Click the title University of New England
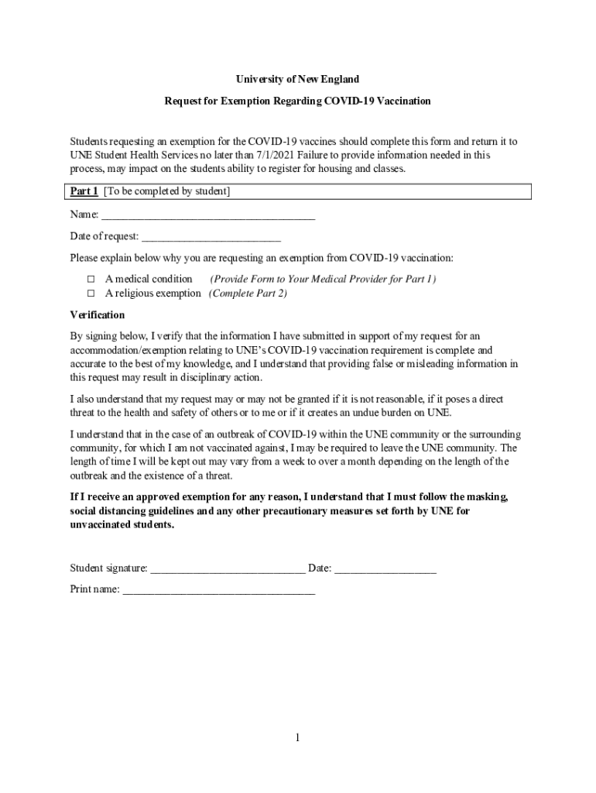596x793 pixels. [297, 79]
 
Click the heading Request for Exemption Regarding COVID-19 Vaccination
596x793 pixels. [297, 101]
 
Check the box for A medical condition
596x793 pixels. [90, 279]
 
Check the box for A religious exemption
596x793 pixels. [90, 294]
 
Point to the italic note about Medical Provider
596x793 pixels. [323, 279]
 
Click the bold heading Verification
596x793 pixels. [97, 315]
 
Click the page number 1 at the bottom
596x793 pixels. [297, 738]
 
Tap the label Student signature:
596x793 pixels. [108, 568]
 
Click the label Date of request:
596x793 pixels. [104, 236]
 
